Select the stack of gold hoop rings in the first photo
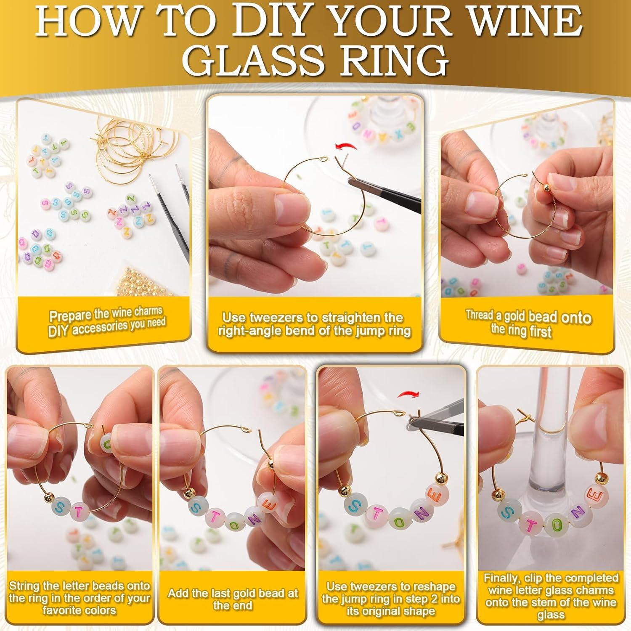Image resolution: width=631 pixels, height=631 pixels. (x=126, y=143)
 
